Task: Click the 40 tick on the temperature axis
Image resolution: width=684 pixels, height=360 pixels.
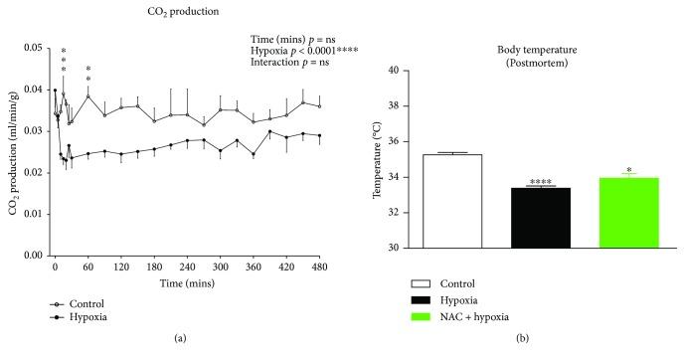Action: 405,71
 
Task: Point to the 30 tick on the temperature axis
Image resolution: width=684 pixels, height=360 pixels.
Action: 405,248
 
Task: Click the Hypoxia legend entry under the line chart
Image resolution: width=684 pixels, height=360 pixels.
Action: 85,317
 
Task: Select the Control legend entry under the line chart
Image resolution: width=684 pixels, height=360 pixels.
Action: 84,303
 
